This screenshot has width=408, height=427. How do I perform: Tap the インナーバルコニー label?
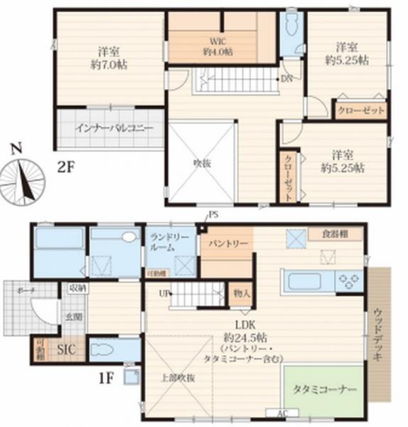110,129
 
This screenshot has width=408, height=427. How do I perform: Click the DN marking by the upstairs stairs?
287,79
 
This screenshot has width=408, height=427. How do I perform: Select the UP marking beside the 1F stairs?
163,293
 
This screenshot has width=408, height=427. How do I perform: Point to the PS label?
213,216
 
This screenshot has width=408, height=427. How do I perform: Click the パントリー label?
227,243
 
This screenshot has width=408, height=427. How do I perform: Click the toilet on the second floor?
289,26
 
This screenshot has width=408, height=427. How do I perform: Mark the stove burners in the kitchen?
348,280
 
